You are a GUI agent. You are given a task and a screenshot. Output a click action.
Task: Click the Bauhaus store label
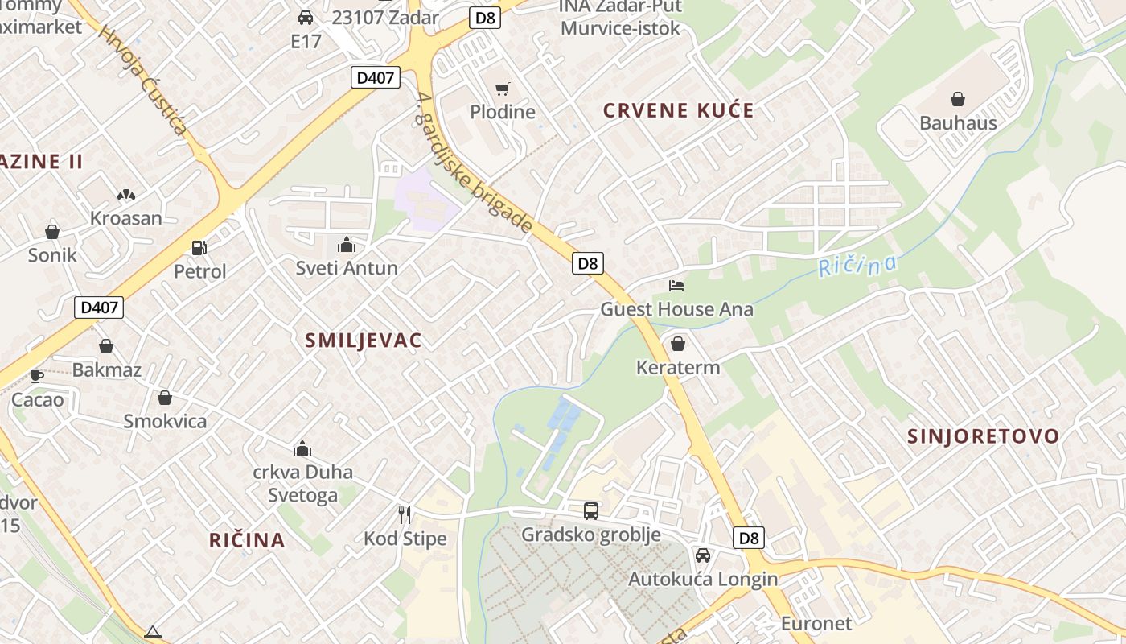click(x=958, y=123)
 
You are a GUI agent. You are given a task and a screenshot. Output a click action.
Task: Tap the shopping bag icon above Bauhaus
click(x=958, y=99)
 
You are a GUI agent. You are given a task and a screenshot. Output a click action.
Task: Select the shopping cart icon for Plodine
click(x=503, y=89)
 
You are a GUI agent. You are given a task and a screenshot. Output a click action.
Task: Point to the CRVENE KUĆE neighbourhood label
click(x=679, y=110)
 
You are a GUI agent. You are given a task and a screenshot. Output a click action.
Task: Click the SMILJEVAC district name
click(x=364, y=341)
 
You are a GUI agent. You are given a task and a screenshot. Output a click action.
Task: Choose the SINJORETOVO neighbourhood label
click(x=983, y=436)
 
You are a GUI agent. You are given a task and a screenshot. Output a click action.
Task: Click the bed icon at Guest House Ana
click(x=676, y=286)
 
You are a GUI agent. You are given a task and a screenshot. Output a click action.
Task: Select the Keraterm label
click(x=678, y=368)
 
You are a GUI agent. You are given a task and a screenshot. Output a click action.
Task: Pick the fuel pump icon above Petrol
click(x=199, y=248)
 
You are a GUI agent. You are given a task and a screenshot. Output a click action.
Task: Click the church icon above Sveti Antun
click(x=347, y=245)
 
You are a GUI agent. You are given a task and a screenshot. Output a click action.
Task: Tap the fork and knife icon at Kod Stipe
click(x=405, y=514)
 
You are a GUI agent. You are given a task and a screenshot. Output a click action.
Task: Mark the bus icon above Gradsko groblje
click(x=591, y=510)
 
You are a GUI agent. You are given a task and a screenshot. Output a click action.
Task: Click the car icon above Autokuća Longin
click(x=703, y=555)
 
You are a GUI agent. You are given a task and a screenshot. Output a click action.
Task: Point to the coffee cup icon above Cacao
click(x=37, y=376)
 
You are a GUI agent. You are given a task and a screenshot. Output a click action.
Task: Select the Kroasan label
click(x=125, y=218)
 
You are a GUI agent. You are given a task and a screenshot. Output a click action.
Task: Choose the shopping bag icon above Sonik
click(x=52, y=232)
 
